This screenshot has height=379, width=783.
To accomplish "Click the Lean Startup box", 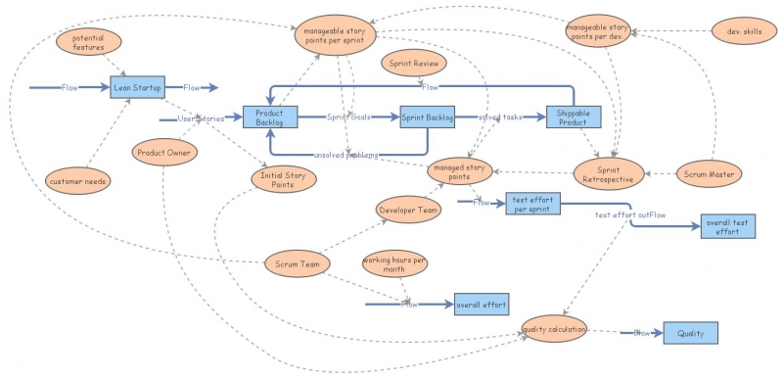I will [136, 87].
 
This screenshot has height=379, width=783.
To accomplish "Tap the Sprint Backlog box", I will [428, 118].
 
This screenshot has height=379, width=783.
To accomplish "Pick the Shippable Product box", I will [573, 118].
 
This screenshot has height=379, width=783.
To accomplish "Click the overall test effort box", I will [727, 227].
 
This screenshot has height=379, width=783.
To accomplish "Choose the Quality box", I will [691, 333].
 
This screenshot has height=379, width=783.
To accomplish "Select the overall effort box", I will [481, 306].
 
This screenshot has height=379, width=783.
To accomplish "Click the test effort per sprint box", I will [532, 205].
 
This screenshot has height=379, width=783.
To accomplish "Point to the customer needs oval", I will [79, 180].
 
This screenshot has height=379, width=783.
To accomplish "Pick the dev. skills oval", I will [743, 31].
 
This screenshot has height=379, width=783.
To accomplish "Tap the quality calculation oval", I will [555, 329].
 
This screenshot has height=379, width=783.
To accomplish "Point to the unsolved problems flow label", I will [347, 155].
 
